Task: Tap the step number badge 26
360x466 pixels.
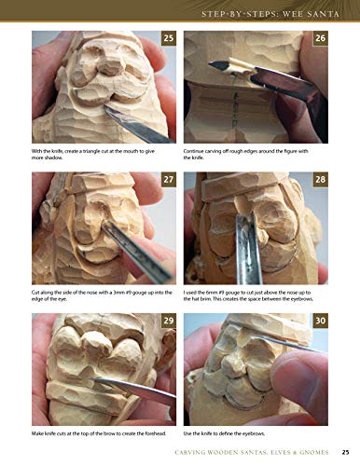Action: tap(319, 38)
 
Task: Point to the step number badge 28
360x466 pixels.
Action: tap(319, 178)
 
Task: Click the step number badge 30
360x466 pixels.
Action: tap(319, 320)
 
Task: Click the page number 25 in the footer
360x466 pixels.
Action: tap(344, 454)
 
